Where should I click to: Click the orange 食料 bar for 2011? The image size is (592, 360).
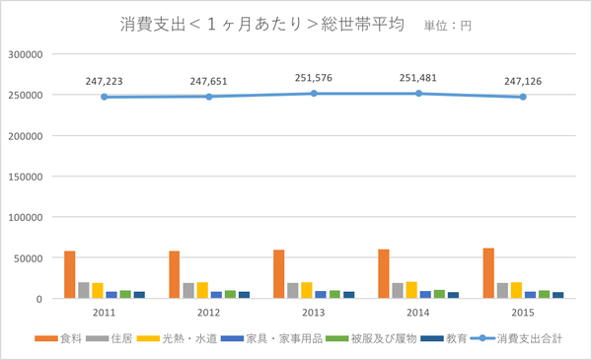tap(70, 275)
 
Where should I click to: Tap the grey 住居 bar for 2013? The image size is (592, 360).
tap(293, 290)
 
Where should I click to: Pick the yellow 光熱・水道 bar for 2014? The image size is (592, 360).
tap(411, 290)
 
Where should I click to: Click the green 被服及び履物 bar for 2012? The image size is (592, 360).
tap(230, 294)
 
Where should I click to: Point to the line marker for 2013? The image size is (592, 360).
tap(314, 94)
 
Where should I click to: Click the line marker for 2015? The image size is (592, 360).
tap(523, 97)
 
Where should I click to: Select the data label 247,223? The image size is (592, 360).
tap(106, 81)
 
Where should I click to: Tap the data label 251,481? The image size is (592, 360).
tap(418, 77)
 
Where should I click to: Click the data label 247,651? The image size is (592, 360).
tap(209, 81)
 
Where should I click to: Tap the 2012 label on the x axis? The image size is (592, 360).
tap(209, 313)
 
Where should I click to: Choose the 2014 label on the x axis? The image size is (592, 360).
tap(418, 313)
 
